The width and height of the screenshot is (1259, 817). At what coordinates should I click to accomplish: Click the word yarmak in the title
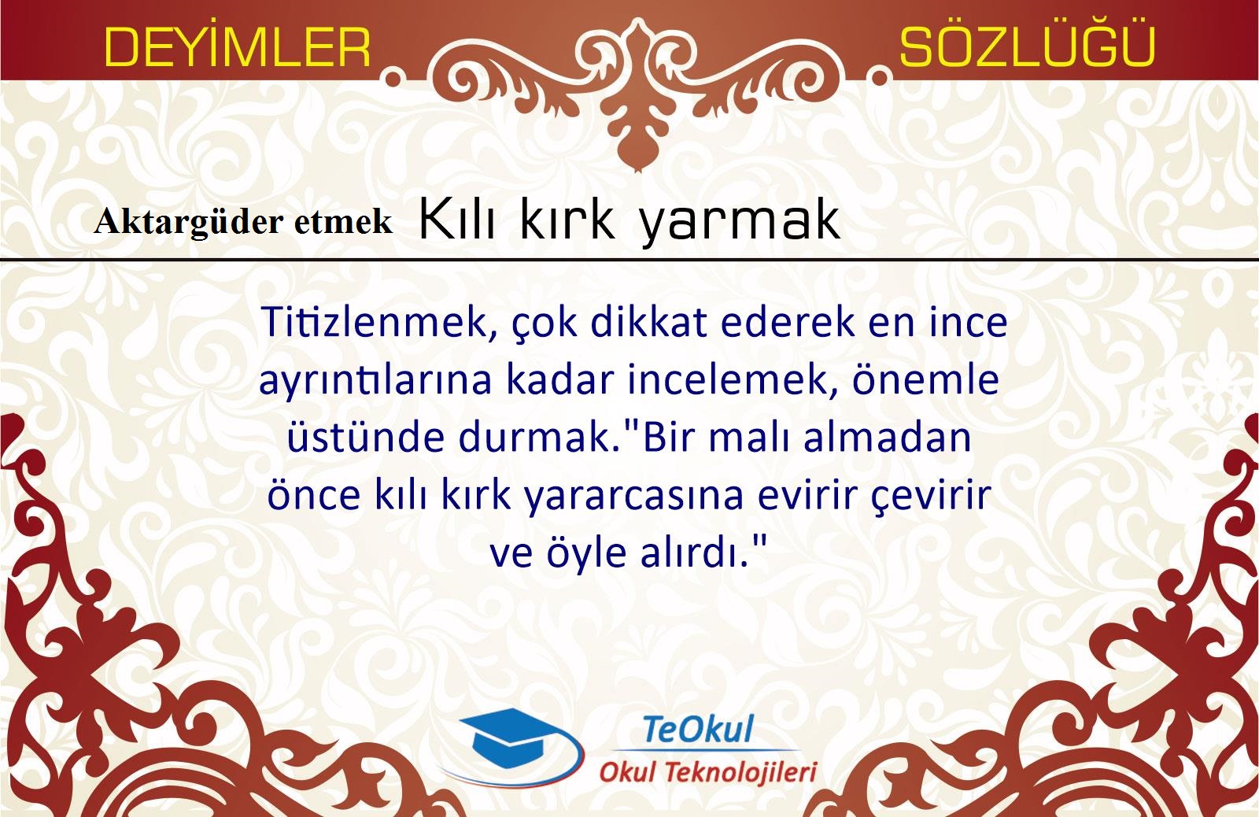pos(740,220)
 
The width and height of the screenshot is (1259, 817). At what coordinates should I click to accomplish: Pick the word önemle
pos(925,380)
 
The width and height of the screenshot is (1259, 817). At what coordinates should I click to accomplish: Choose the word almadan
pos(888,437)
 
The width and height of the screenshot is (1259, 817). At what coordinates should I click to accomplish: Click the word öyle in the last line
pos(586,553)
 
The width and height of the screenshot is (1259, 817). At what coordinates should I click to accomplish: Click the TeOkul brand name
pos(697,730)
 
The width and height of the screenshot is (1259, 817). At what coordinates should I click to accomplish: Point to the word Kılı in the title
pos(457,220)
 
